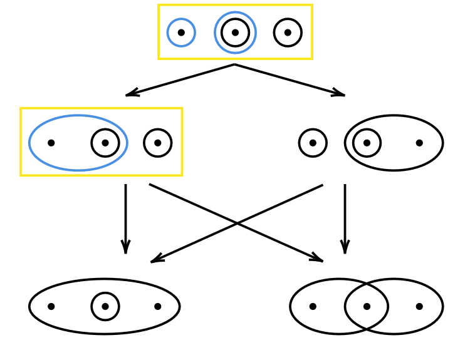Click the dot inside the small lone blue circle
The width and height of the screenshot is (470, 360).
coord(181,33)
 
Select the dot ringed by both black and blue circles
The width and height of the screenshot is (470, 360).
coord(235,33)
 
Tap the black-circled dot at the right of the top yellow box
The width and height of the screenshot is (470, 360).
coord(288,33)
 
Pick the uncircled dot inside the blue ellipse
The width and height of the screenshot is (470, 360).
coord(51,143)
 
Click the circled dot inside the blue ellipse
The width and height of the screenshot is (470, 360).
coord(105,143)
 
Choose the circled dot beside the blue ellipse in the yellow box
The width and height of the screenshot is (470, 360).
coord(157,143)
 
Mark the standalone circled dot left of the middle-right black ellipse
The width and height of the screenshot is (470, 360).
coord(313,143)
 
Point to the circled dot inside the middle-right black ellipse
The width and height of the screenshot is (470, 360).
coord(367,143)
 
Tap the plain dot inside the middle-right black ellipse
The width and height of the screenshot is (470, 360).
coord(419,143)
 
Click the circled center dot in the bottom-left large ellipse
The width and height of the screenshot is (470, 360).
coord(105,306)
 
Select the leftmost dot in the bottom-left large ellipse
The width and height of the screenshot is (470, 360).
coord(51,306)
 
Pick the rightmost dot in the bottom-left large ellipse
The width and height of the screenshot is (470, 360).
coord(157,306)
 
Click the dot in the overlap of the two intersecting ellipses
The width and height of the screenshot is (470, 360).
coord(367,306)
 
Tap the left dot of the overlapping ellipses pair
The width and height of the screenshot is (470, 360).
coord(313,306)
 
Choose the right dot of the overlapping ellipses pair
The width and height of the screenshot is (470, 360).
coord(419,306)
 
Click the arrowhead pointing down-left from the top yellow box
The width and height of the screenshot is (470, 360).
coord(129,95)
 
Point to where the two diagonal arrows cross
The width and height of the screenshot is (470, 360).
coord(236,223)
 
